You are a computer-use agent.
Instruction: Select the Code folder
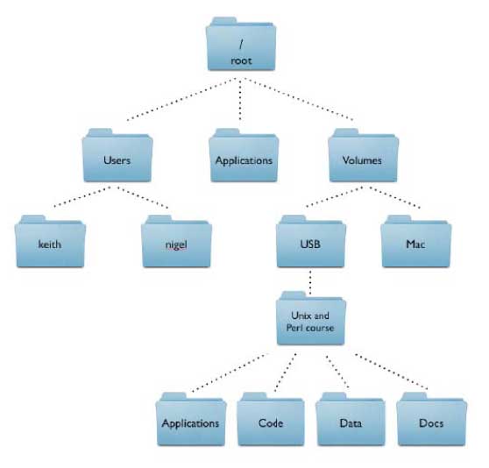click(x=271, y=420)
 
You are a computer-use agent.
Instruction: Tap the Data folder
click(x=351, y=420)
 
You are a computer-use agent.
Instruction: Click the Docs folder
click(x=432, y=420)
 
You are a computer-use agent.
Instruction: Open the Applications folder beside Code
click(x=191, y=420)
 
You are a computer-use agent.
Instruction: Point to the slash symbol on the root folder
click(x=241, y=44)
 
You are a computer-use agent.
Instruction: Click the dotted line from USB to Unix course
click(x=310, y=282)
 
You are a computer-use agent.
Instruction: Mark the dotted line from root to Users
click(x=181, y=99)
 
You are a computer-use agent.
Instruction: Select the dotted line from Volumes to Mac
click(x=395, y=197)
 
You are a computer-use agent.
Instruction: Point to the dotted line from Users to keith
click(x=82, y=196)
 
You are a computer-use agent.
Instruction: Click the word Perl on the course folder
click(x=294, y=328)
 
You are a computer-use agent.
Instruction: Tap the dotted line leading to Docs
click(x=392, y=372)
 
